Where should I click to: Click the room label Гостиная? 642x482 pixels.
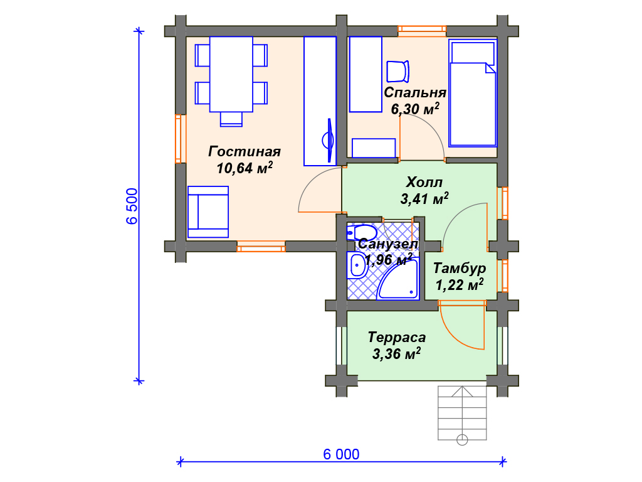coord(245,152)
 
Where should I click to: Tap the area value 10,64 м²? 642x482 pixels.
coord(245,168)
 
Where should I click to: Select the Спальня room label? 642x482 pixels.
coord(415,93)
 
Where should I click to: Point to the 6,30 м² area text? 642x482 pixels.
coord(415,109)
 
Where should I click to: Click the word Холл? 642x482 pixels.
coord(424,182)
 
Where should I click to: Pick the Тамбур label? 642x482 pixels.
coord(460,269)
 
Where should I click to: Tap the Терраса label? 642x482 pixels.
coord(396,337)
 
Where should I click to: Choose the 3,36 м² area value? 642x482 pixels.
coord(396,353)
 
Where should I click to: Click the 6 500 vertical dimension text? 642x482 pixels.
coord(132,206)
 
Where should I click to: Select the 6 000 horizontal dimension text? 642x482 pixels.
coord(341,454)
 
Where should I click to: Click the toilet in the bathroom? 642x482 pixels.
coord(361,233)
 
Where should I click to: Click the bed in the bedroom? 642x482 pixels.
coord(473,93)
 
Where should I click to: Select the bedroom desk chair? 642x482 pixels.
coord(398,72)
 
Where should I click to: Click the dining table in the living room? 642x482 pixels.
coord(231,74)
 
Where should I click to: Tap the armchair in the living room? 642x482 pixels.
coord(208,212)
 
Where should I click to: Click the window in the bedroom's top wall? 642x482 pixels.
coord(422,31)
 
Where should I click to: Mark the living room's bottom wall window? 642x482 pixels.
coord(261,247)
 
